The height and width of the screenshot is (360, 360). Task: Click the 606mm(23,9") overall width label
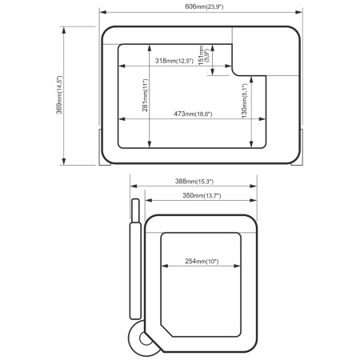point(202,6)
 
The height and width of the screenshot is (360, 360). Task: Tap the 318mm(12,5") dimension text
point(176,62)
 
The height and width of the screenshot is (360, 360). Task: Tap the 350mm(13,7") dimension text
point(201,196)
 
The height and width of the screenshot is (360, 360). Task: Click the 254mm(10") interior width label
point(201,262)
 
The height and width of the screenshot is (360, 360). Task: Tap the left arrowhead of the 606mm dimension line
point(103,13)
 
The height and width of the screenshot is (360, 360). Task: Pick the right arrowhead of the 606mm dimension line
point(302,13)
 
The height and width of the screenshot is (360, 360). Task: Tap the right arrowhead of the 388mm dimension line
point(255,188)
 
